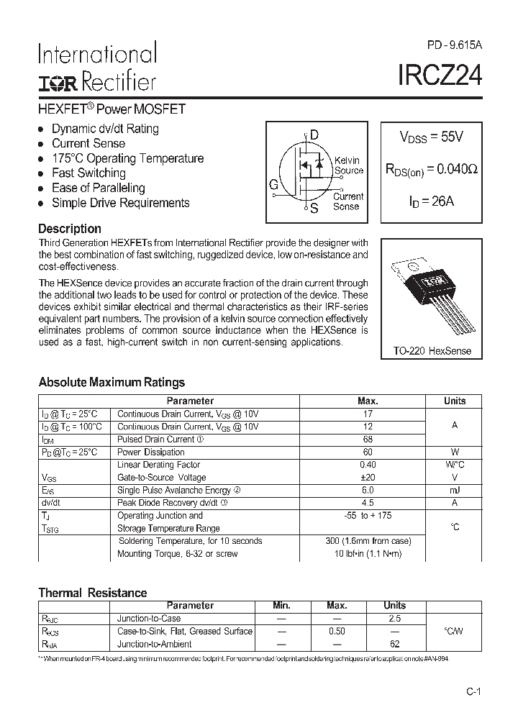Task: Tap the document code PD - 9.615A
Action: tap(454, 45)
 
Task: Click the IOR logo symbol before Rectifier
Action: tap(58, 83)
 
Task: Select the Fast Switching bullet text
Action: tap(88, 173)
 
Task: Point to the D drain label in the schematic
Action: tap(314, 135)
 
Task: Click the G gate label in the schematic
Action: tap(274, 185)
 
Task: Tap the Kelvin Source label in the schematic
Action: tap(348, 165)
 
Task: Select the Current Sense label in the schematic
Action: tap(348, 201)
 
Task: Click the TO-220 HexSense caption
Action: tap(432, 350)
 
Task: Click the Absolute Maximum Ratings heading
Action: tap(112, 383)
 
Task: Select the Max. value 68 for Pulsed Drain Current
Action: tap(367, 440)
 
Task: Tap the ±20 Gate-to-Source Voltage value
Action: tap(367, 478)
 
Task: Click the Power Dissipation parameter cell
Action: tap(151, 452)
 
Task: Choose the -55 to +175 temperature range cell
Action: tap(367, 516)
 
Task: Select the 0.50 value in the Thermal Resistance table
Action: tap(336, 632)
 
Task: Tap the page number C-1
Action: tap(472, 692)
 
